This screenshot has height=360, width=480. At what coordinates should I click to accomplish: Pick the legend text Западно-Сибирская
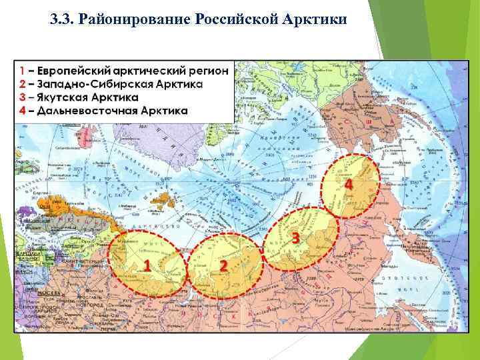click(x=87, y=84)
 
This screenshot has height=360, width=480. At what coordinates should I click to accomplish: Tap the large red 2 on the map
click(x=223, y=265)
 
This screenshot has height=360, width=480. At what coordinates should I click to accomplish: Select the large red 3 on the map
click(x=294, y=237)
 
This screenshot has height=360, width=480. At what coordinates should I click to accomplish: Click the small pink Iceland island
click(x=84, y=138)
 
